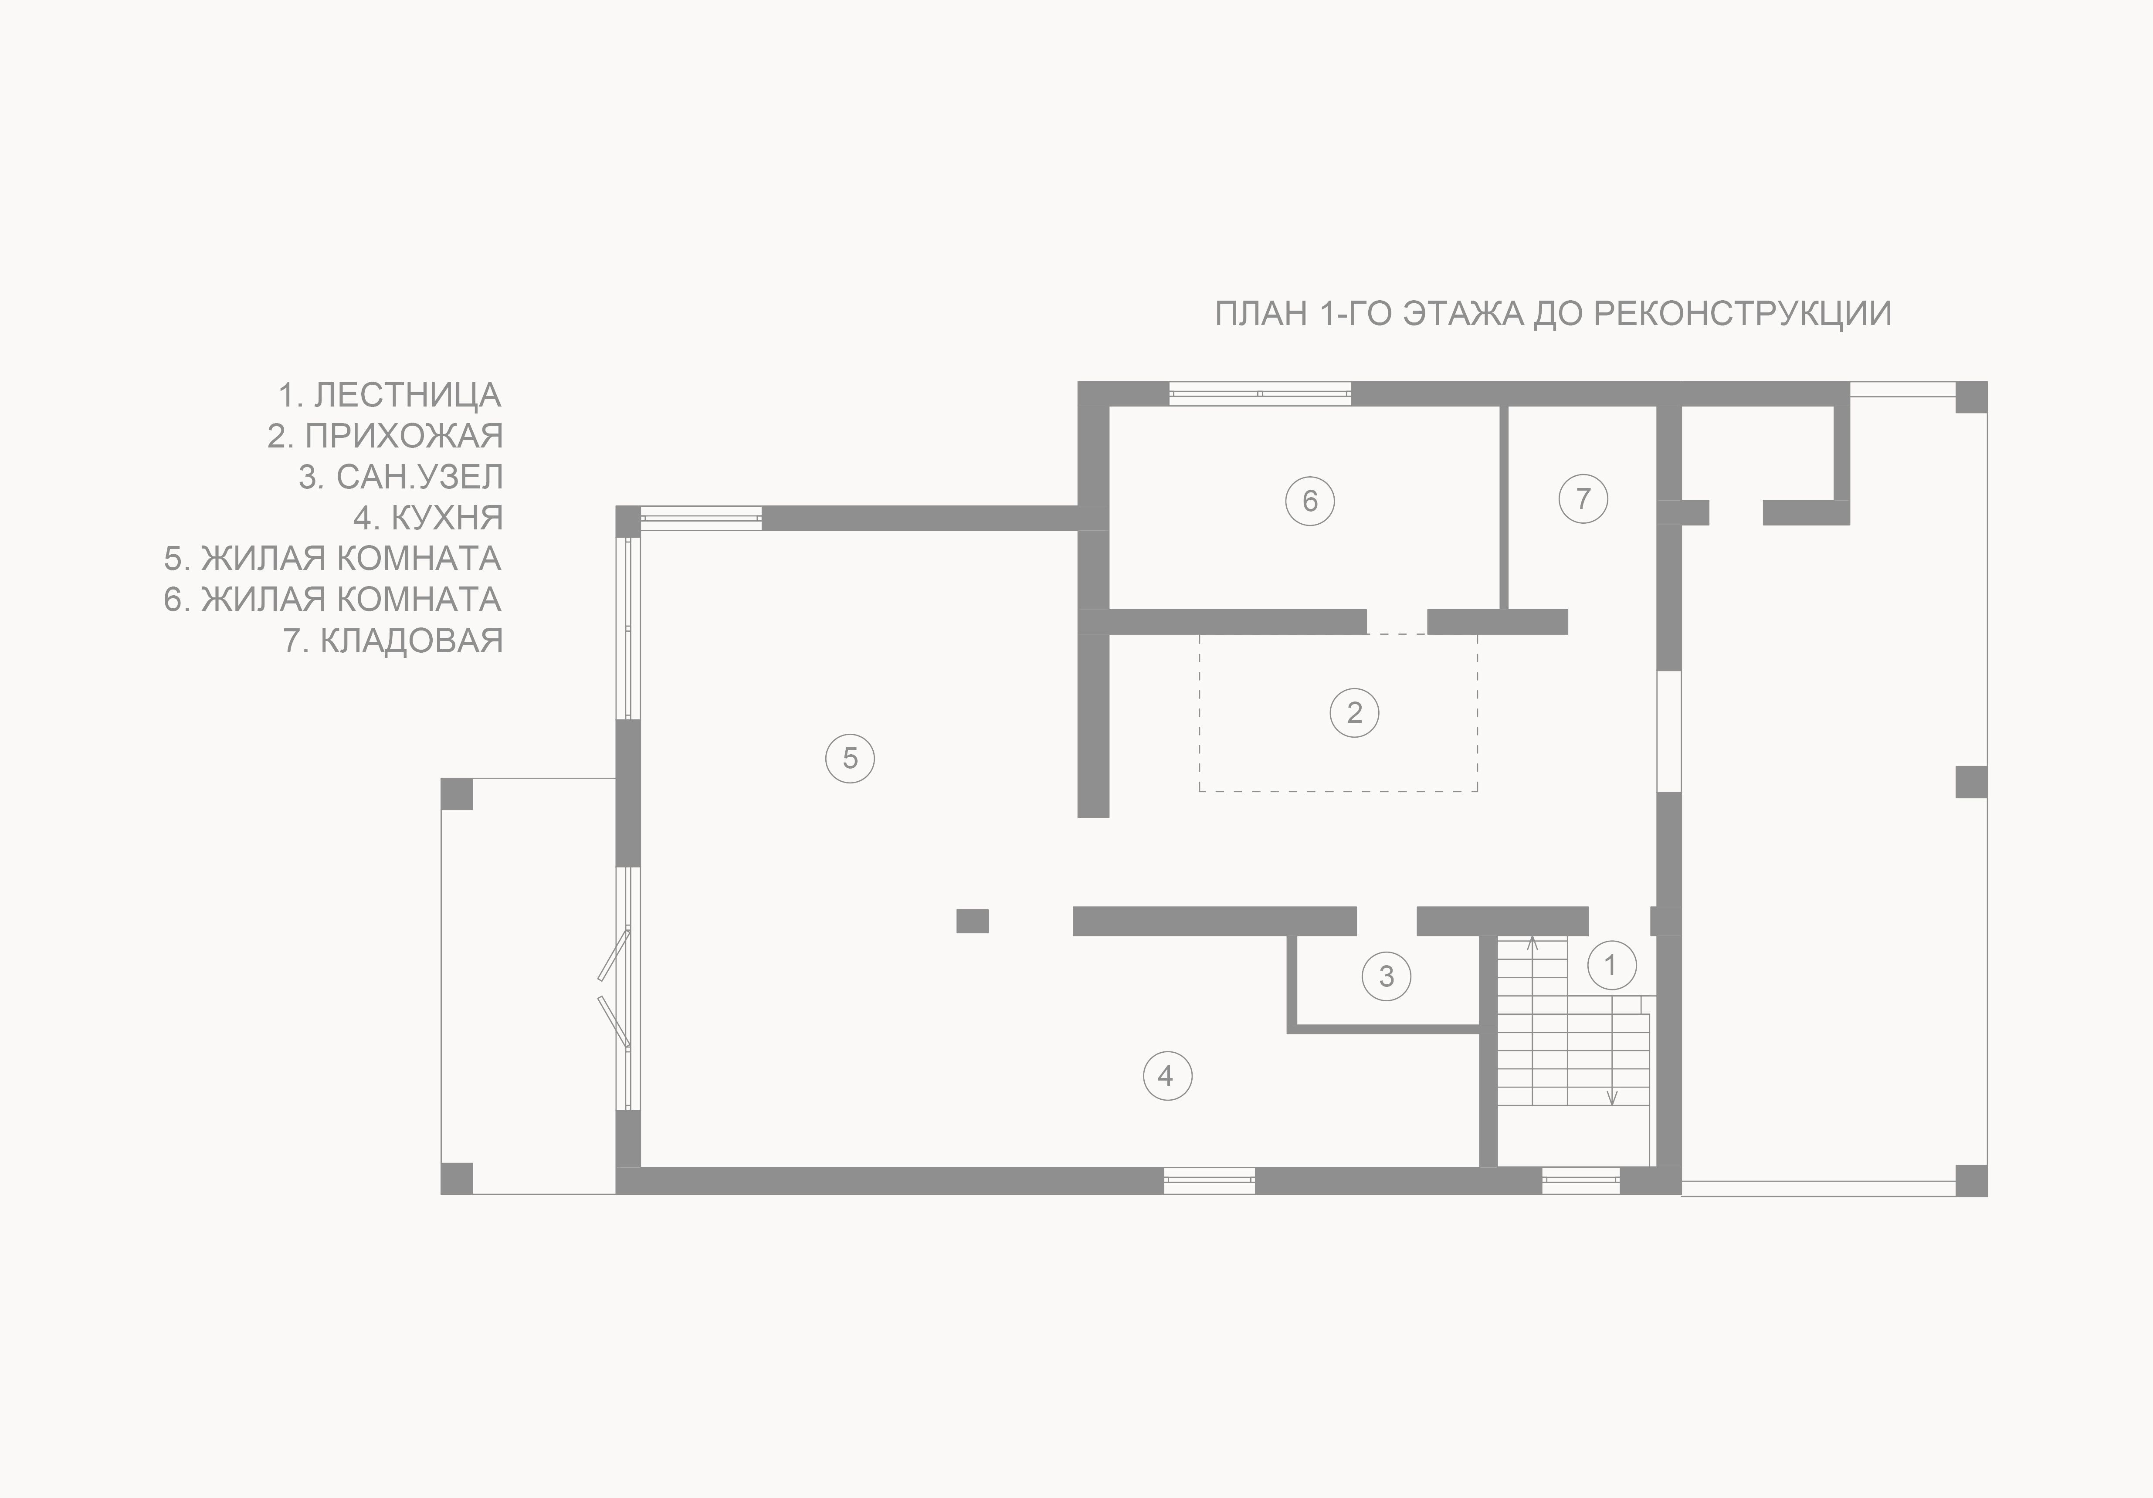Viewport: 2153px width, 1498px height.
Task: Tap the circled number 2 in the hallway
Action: tap(1354, 712)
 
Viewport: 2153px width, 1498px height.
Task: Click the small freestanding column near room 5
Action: tap(973, 921)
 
